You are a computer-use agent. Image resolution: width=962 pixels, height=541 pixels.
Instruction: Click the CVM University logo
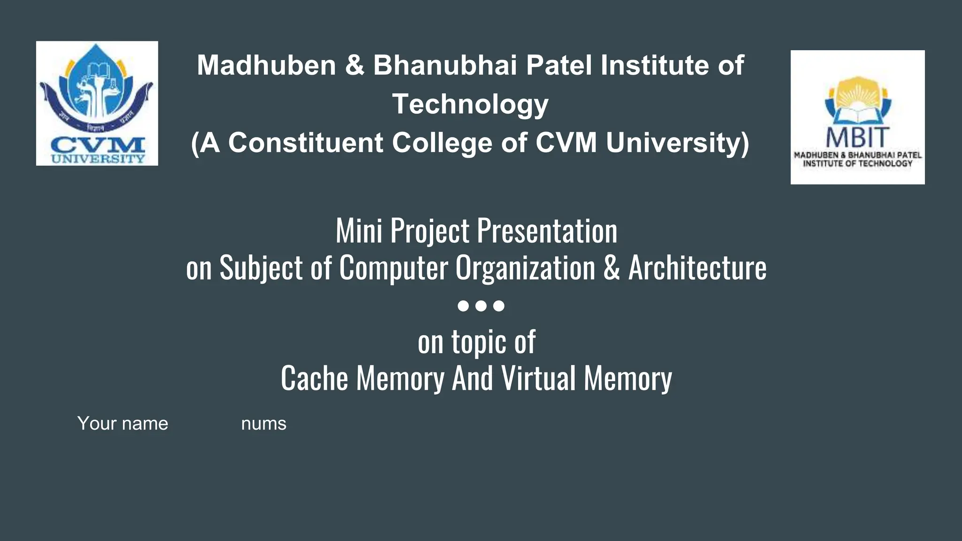(97, 103)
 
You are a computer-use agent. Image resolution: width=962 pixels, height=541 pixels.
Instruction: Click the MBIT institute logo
(857, 117)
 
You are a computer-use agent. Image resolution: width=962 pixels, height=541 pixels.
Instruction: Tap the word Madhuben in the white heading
(266, 65)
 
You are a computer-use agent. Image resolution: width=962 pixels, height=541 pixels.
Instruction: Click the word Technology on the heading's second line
(470, 104)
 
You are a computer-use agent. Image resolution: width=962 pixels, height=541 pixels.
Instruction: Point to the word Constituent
(306, 143)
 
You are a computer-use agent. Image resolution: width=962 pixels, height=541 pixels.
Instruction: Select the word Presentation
(547, 231)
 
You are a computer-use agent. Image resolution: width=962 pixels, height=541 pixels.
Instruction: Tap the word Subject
(261, 268)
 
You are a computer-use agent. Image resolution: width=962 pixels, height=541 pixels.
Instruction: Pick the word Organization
(525, 268)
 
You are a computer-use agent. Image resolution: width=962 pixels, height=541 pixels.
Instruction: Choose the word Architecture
(697, 268)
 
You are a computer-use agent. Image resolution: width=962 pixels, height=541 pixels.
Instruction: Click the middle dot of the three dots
(481, 306)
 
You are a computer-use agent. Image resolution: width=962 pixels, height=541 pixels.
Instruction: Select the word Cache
(314, 379)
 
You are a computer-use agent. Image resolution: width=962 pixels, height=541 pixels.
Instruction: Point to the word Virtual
(538, 379)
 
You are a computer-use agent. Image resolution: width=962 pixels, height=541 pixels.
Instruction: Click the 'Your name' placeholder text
(123, 424)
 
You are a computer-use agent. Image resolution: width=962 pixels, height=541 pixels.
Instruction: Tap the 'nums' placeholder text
(264, 424)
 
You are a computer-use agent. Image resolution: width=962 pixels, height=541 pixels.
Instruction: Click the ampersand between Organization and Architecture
(612, 268)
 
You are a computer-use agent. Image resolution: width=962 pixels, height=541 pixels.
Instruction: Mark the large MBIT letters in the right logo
(857, 137)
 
